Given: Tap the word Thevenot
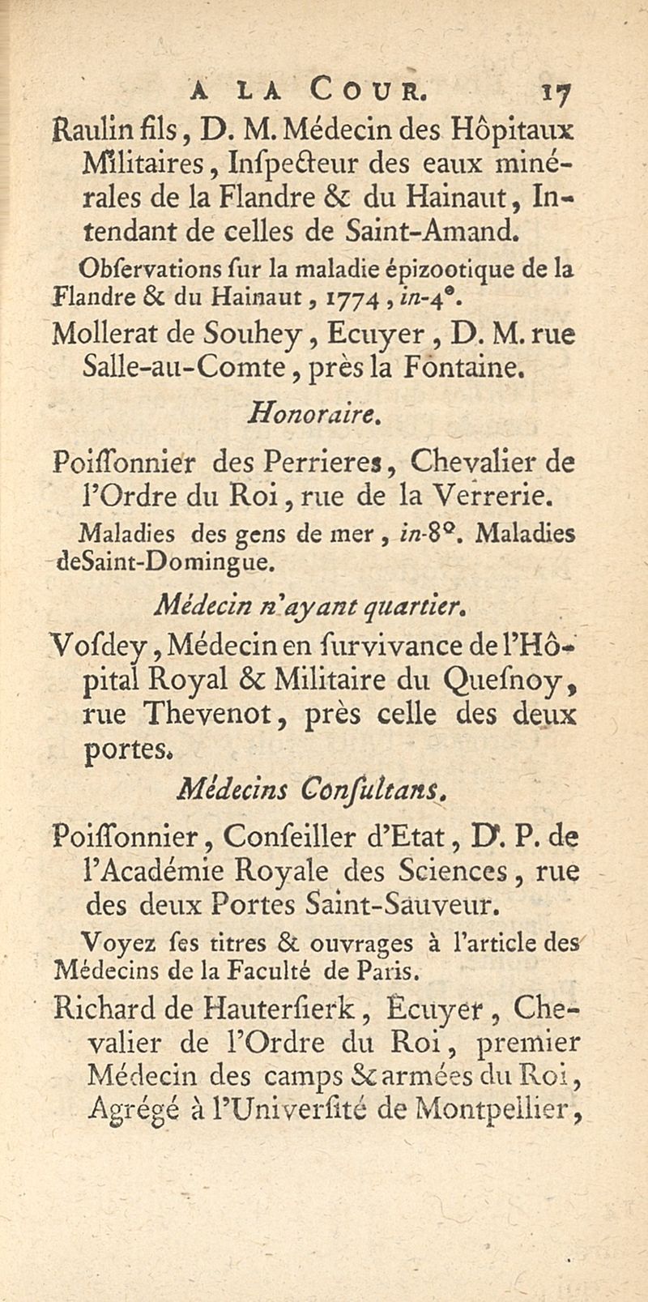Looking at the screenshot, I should point(213,714).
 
